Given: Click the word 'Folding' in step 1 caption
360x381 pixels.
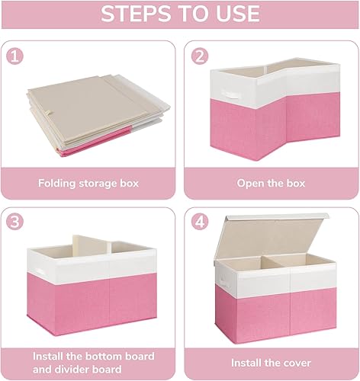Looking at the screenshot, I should point(57,184).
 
